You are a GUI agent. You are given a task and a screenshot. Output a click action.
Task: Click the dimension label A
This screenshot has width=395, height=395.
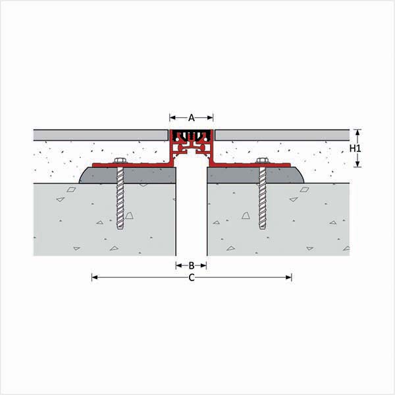(x=192, y=117)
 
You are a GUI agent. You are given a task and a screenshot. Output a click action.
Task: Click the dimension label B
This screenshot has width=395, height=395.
(x=192, y=265)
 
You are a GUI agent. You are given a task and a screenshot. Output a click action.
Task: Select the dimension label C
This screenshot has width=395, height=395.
(x=192, y=278)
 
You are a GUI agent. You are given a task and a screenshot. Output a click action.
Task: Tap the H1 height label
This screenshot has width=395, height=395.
(x=355, y=149)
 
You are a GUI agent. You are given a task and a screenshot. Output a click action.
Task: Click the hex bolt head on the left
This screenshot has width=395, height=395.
(x=120, y=161)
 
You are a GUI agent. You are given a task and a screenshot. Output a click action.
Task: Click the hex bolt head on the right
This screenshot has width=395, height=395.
(x=263, y=161)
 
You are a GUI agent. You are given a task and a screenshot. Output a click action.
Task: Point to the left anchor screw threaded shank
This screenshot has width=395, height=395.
(x=120, y=197)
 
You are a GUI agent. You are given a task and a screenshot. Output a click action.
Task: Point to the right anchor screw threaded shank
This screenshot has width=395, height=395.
(x=263, y=197)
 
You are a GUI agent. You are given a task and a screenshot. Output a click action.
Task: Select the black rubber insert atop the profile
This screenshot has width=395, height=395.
(x=192, y=136)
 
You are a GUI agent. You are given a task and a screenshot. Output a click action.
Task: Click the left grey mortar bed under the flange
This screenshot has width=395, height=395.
(x=128, y=175)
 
